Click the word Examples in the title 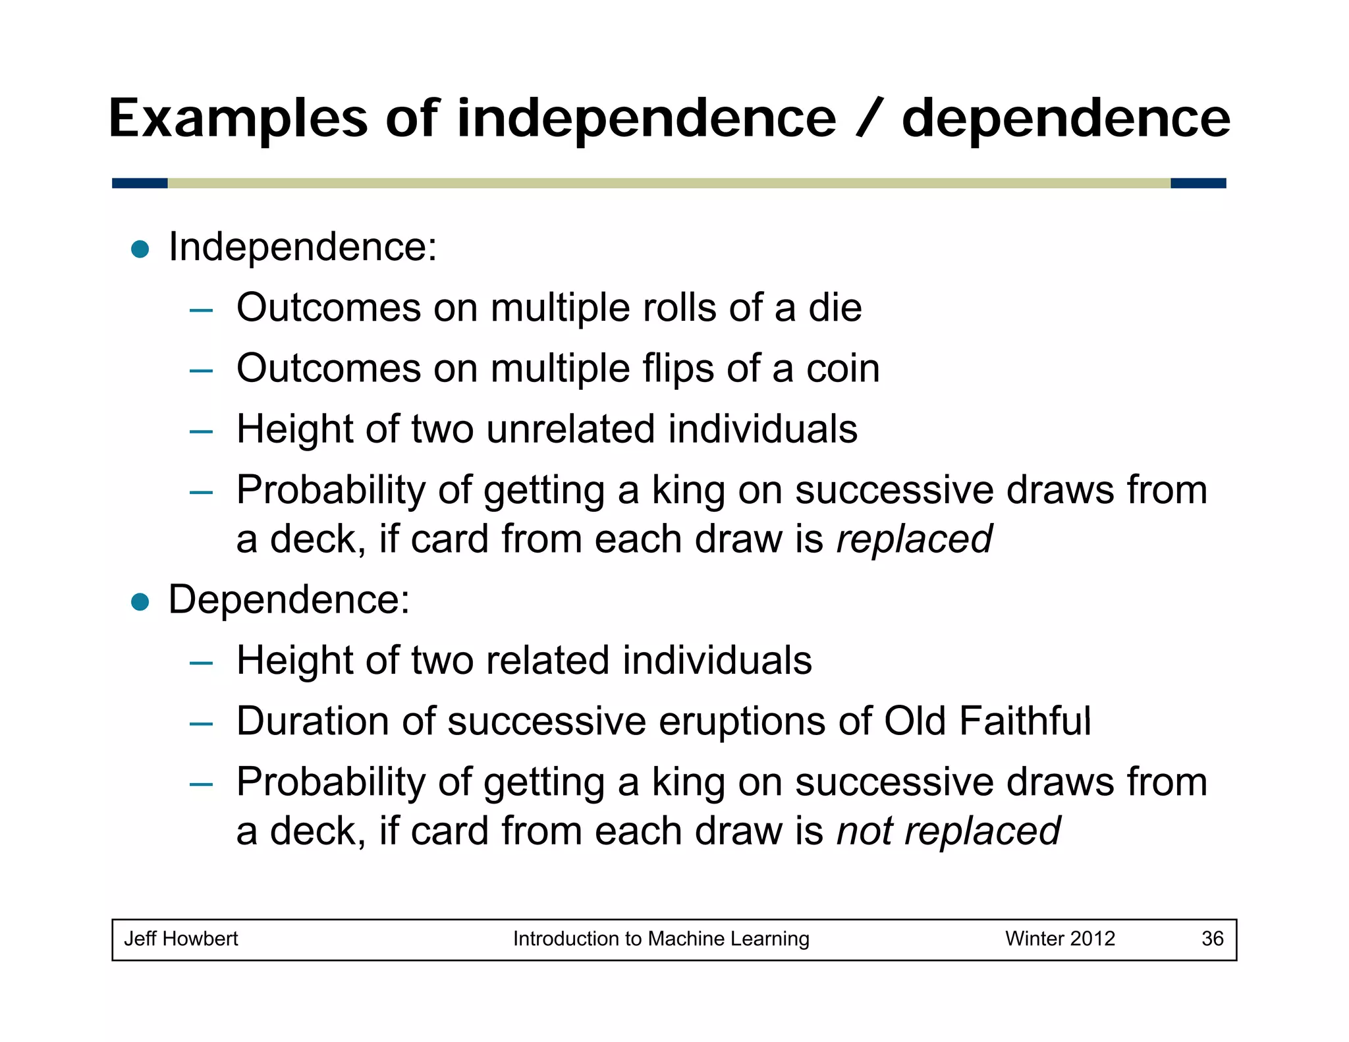tap(238, 119)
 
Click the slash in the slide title tap(868, 119)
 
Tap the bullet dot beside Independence tap(140, 249)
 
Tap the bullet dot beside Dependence tap(140, 601)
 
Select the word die tap(835, 308)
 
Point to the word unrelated tap(570, 429)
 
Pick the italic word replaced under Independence tap(914, 539)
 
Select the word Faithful tap(1025, 721)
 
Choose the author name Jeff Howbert tap(181, 939)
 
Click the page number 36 tap(1212, 939)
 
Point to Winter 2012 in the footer tap(1060, 939)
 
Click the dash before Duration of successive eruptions tap(201, 724)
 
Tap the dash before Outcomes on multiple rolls tap(201, 310)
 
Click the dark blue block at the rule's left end tap(140, 183)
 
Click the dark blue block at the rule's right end tap(1198, 183)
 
